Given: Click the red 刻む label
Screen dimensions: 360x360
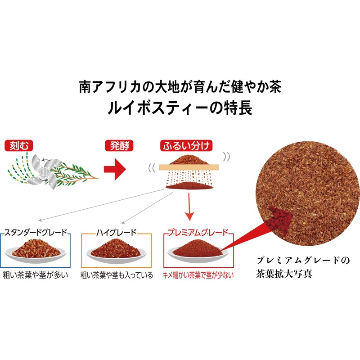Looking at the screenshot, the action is (18, 146).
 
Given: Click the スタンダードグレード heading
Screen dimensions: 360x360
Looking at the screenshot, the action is (36, 233).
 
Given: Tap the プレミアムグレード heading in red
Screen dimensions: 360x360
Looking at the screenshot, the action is (197, 233).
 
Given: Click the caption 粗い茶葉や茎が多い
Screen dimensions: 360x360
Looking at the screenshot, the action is (35, 274).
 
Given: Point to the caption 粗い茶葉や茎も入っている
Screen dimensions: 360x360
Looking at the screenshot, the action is (117, 274).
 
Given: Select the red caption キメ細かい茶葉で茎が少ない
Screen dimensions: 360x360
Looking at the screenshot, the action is (198, 274).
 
